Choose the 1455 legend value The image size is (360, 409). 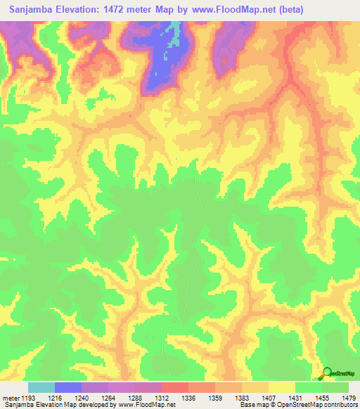pyautogui.click(x=322, y=398)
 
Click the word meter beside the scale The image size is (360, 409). pyautogui.click(x=11, y=398)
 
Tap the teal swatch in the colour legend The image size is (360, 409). pyautogui.click(x=41, y=387)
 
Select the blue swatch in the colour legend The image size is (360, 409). pyautogui.click(x=68, y=387)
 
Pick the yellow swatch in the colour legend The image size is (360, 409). pyautogui.click(x=283, y=387)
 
